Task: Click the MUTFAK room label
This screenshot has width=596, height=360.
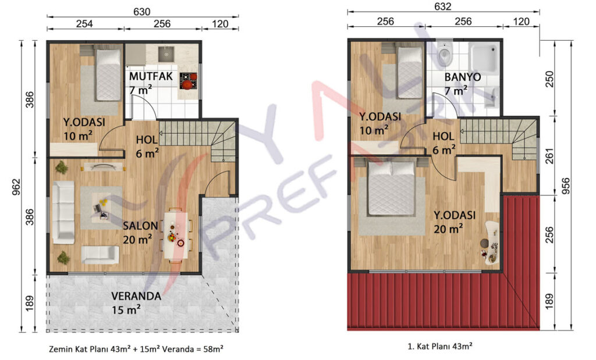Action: click(x=151, y=76)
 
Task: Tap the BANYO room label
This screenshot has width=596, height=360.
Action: click(x=463, y=77)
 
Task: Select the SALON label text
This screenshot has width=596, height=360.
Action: click(x=140, y=226)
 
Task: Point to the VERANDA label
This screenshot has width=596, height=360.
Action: click(x=136, y=296)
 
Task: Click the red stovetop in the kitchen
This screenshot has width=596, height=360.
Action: click(x=188, y=81)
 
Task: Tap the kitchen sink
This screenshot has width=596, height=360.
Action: click(x=166, y=54)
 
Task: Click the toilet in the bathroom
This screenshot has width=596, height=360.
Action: click(x=444, y=54)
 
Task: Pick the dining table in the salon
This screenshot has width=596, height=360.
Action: click(x=176, y=235)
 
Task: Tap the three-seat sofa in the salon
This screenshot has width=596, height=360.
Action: click(x=63, y=212)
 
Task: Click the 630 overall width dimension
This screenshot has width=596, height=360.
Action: click(x=141, y=12)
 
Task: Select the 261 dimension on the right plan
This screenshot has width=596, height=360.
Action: click(x=549, y=156)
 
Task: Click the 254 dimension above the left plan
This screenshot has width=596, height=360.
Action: click(x=84, y=24)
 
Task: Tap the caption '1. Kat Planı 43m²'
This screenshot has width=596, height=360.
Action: click(x=440, y=346)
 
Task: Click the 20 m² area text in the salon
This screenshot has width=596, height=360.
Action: click(x=137, y=239)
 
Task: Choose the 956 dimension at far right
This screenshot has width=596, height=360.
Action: click(x=566, y=186)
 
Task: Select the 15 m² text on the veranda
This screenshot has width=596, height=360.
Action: click(x=126, y=310)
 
